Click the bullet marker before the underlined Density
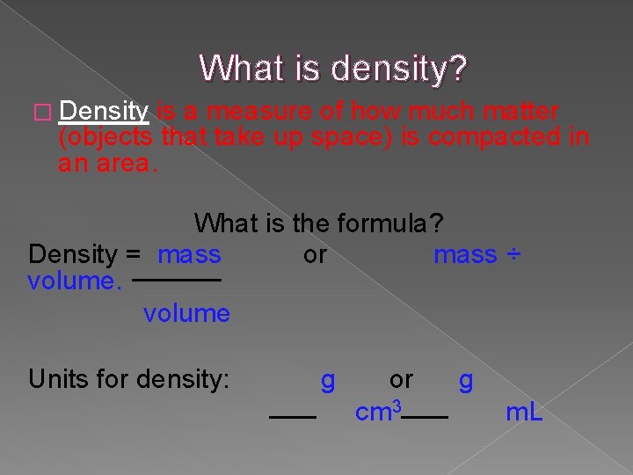click(x=39, y=113)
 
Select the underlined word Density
click(x=105, y=112)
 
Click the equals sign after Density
click(x=133, y=255)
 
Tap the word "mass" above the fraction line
click(x=189, y=255)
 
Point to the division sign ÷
click(x=513, y=255)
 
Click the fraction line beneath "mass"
click(x=187, y=281)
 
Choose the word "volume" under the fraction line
click(x=186, y=313)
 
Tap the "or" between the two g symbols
click(x=401, y=379)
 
